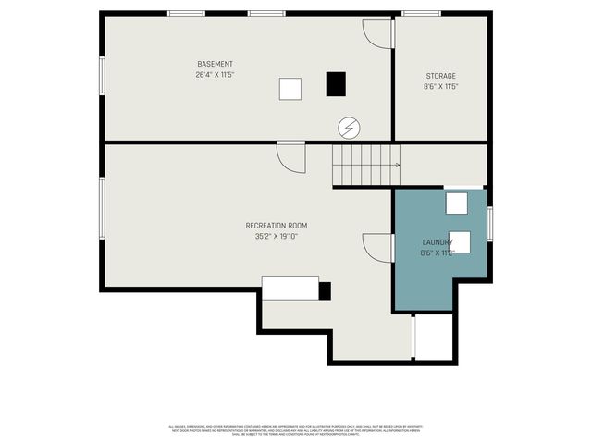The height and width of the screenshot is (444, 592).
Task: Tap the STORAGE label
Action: (x=440, y=76)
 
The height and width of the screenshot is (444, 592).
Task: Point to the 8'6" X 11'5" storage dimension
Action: (x=440, y=87)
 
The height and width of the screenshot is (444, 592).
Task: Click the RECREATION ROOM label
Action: (x=276, y=226)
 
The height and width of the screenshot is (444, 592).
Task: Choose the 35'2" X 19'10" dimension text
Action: (x=276, y=237)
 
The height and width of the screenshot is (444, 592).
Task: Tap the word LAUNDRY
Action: (x=437, y=242)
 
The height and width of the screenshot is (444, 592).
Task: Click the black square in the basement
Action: (x=335, y=84)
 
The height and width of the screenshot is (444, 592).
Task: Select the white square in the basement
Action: (x=290, y=89)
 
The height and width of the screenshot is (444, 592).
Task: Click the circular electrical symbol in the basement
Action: (x=350, y=127)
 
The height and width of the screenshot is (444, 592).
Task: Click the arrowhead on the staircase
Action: (x=398, y=166)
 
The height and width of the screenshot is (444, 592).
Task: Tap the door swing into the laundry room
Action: (x=377, y=247)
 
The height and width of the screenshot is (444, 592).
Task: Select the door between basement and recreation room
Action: (x=290, y=157)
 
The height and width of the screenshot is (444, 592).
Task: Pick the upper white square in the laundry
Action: (x=457, y=203)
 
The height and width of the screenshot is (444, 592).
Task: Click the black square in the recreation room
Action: (x=325, y=290)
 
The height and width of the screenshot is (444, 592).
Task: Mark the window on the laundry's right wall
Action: (x=489, y=223)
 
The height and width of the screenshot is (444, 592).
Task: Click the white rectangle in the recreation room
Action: (x=290, y=288)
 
